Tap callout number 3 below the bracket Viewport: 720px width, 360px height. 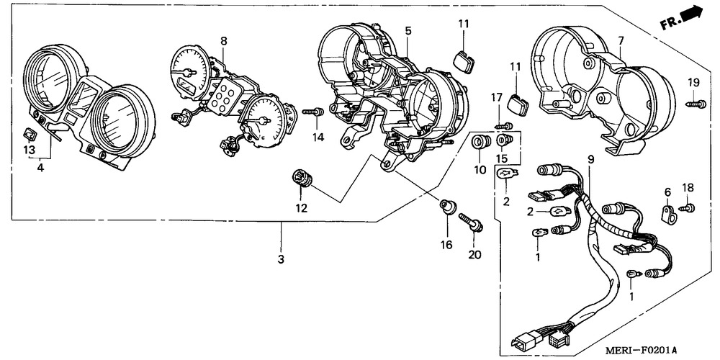(281, 258)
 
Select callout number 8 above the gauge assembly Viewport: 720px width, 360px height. (223, 41)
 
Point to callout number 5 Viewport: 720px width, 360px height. (408, 31)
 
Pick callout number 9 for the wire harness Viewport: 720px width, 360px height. (590, 160)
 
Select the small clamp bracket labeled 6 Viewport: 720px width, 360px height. (669, 214)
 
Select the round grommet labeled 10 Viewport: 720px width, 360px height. (478, 143)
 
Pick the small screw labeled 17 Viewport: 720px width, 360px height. (506, 126)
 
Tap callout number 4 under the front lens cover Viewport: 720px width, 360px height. (40, 168)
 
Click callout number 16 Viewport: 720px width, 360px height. (446, 245)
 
